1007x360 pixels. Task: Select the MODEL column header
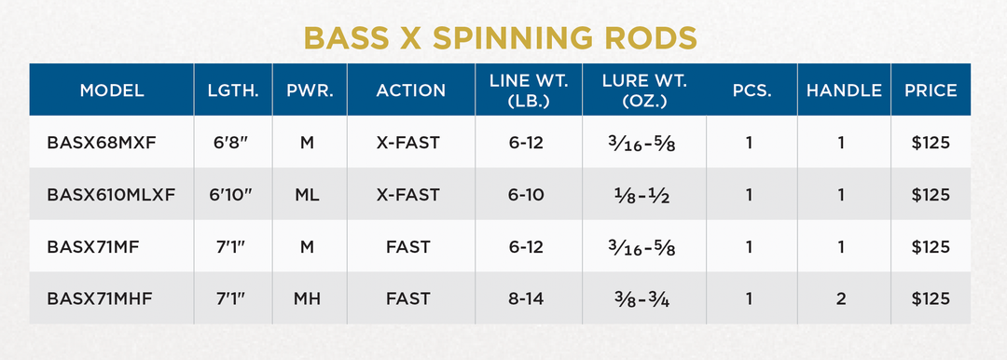(112, 90)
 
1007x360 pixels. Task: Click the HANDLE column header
(844, 90)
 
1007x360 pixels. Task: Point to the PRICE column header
(931, 90)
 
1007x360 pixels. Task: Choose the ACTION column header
(411, 90)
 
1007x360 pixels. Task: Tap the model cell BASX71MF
(86, 247)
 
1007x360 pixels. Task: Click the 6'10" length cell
(233, 195)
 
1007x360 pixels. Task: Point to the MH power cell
(309, 298)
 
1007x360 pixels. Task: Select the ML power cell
(309, 195)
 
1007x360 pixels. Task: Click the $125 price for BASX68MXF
(931, 143)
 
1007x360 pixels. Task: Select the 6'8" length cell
(233, 143)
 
